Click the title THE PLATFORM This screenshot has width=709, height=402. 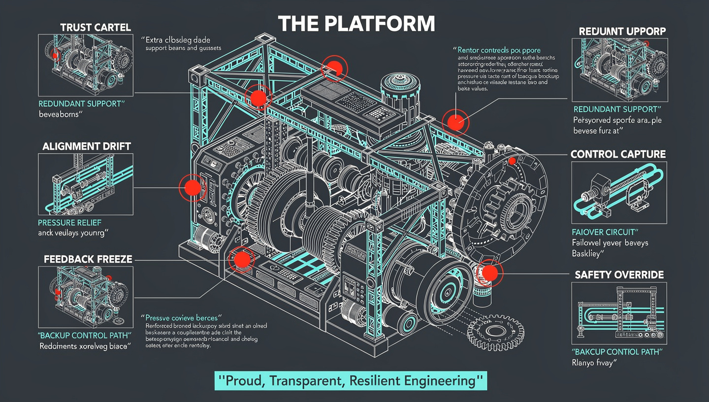pos(356,24)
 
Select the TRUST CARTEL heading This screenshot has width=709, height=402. pos(96,27)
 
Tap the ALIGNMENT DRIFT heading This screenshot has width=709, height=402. pos(86,146)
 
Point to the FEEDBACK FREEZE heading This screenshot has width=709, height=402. pos(88,259)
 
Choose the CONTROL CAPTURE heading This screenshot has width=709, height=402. pos(618,154)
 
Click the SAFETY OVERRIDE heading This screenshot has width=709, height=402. pos(619,274)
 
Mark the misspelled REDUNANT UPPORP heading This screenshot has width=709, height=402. pos(622,31)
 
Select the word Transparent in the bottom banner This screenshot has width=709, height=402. pos(313,381)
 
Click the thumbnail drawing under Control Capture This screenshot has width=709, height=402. pos(619,193)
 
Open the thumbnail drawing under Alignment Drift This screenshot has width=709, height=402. pos(86,184)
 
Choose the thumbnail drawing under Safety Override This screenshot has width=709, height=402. pos(619,313)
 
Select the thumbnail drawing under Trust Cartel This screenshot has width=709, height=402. pos(86,64)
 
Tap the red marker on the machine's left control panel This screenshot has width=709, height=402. pos(192,187)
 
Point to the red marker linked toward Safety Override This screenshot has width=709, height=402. pos(489,272)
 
